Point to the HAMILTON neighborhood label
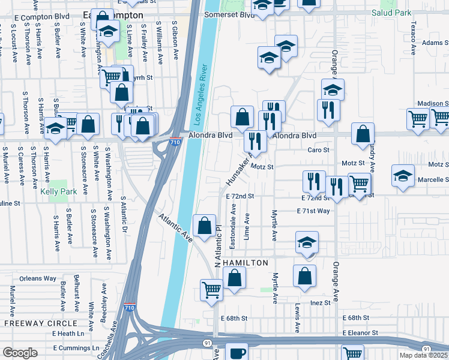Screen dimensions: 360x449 point(245,263)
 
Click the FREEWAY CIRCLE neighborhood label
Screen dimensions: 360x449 point(34,323)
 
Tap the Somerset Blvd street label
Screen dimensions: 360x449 point(229,14)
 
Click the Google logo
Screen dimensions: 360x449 point(20,353)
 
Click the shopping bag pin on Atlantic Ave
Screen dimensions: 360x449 point(205,227)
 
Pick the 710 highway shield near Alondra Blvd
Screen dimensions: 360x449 point(174,143)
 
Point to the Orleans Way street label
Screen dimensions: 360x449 point(37,278)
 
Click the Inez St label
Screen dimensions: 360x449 point(319,303)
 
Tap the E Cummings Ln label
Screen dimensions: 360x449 point(76,348)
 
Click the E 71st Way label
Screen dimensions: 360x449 point(313,211)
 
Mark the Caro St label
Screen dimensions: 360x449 point(319,150)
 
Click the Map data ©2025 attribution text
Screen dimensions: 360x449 point(424,355)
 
